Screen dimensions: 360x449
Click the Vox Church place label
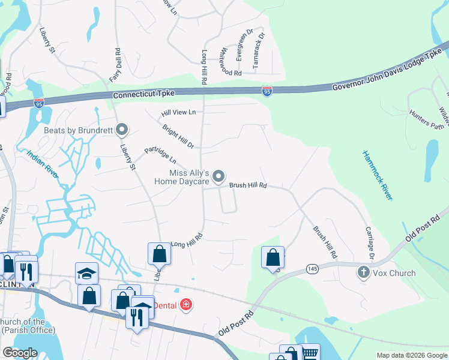(394, 273)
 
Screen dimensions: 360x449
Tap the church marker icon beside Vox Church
(363, 272)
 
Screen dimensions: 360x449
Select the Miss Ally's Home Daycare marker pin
(219, 176)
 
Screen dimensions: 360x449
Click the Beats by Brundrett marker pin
(122, 130)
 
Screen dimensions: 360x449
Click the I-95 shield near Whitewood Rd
(267, 91)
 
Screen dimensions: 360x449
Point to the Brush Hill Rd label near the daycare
(247, 186)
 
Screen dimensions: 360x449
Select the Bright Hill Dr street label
(178, 136)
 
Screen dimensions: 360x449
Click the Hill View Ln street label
(178, 112)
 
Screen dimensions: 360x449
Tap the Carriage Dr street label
(370, 240)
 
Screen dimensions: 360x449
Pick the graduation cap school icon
(87, 274)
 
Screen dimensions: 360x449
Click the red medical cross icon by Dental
(187, 305)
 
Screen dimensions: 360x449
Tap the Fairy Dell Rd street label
(115, 65)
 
